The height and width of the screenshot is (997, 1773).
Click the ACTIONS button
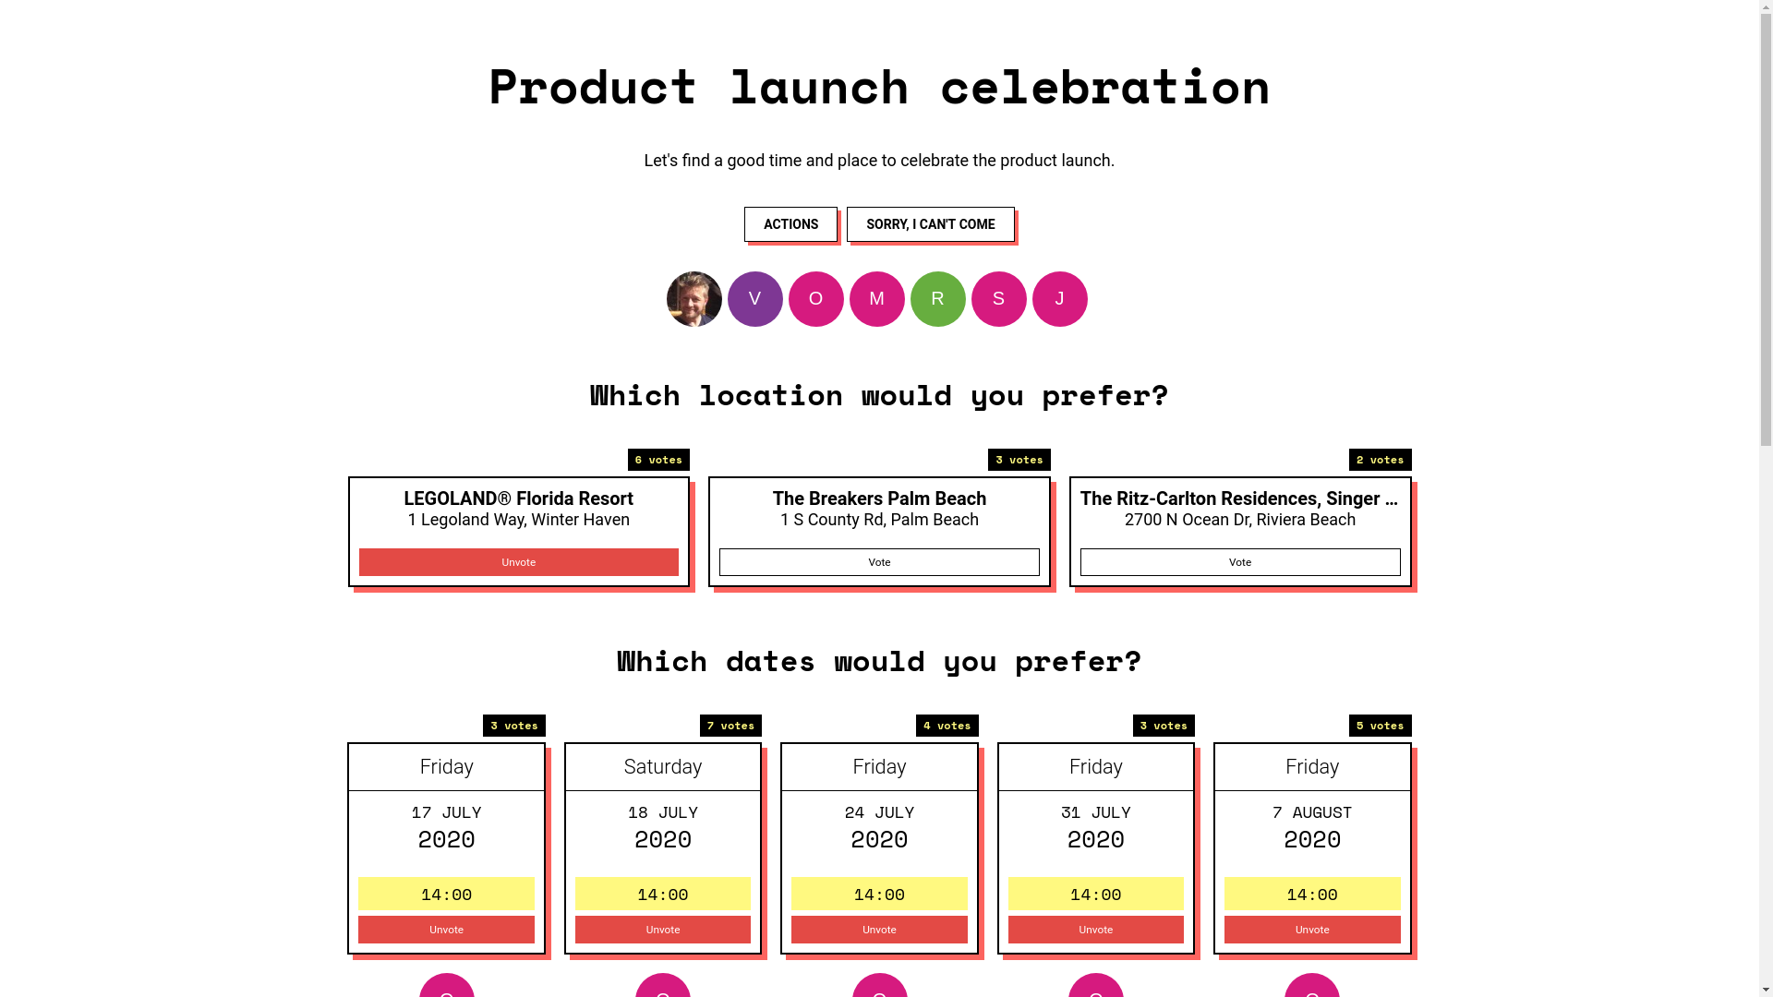coord(790,224)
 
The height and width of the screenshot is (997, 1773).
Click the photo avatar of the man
coord(694,299)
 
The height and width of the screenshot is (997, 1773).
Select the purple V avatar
coord(755,299)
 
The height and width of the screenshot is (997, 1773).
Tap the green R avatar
coord(938,299)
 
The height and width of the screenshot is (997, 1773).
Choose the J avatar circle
coord(1060,299)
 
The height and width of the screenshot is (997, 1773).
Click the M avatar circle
coord(877,299)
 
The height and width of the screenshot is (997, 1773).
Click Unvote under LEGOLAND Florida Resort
coord(519,562)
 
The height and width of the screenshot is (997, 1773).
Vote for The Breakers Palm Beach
coord(879,562)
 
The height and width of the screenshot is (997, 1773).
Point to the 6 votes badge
coord(658,460)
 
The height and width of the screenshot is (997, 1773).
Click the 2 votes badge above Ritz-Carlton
coord(1380,460)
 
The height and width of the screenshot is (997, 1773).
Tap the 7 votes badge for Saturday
coord(730,726)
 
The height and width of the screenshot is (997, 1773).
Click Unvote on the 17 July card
coord(446,930)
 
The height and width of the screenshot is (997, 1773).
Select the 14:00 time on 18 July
coord(663,894)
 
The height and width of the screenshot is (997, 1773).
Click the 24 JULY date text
coord(879,812)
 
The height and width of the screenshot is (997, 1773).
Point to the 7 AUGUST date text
coord(1312,812)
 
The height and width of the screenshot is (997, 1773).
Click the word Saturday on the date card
coord(663,767)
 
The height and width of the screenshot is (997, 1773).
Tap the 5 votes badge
coord(1380,726)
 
